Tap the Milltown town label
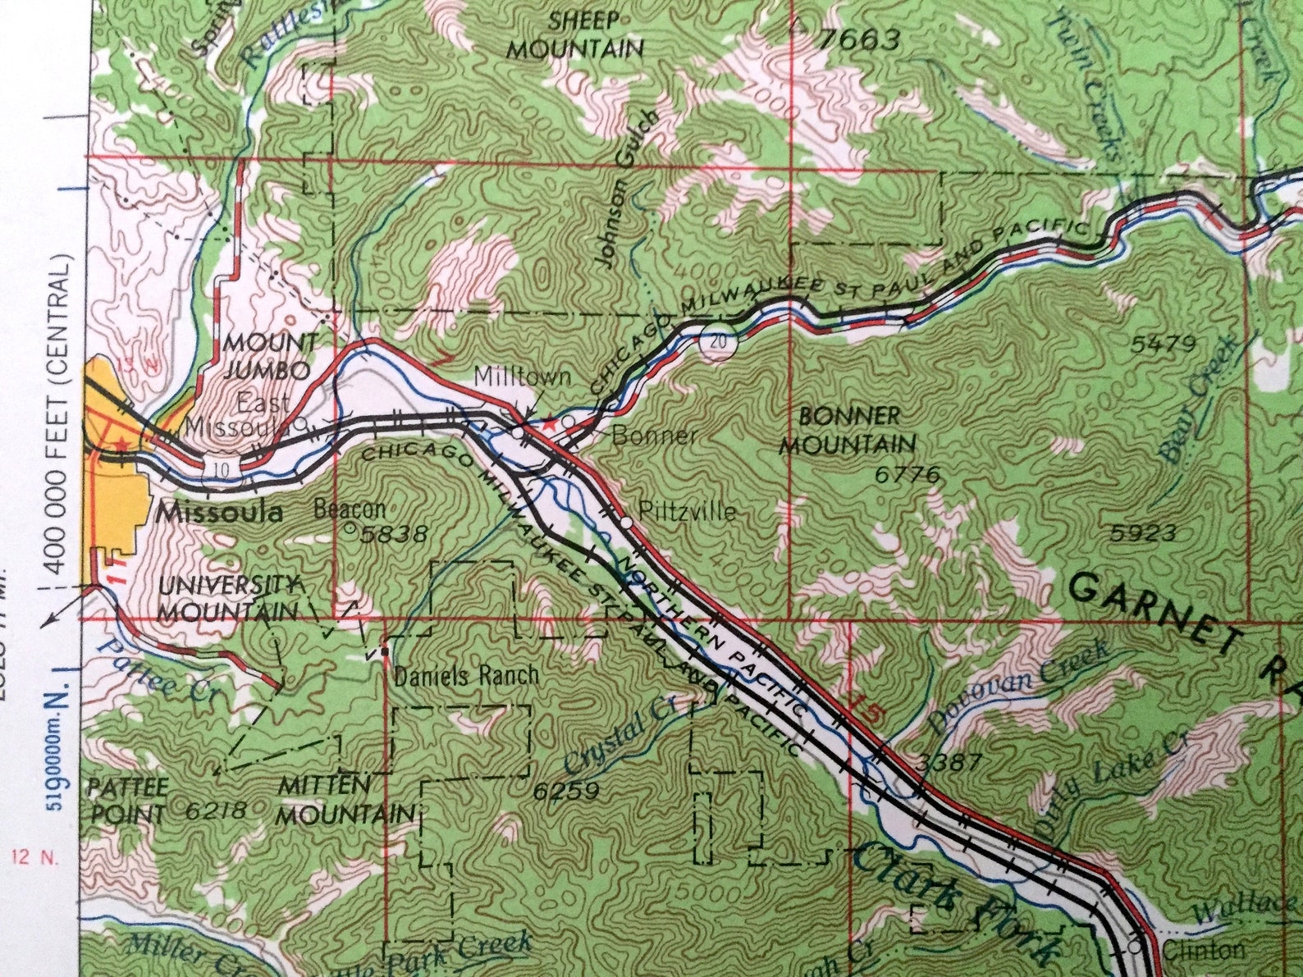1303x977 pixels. click(x=523, y=377)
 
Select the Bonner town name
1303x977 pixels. click(x=654, y=435)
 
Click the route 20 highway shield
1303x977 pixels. click(x=718, y=343)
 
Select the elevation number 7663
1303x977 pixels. click(x=859, y=39)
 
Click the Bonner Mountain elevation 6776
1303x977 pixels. click(x=908, y=475)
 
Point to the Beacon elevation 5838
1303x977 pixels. click(x=395, y=534)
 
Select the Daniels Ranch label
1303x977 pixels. click(x=467, y=676)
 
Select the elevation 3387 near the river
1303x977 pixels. click(x=949, y=762)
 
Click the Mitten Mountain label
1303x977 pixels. click(x=345, y=800)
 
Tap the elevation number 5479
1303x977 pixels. click(x=1163, y=343)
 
